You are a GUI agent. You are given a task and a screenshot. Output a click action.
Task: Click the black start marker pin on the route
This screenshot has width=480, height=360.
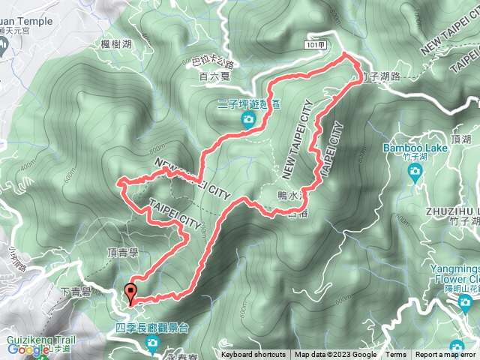[x=133, y=293]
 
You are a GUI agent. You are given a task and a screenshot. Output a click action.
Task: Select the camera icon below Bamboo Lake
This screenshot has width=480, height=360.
[x=415, y=172]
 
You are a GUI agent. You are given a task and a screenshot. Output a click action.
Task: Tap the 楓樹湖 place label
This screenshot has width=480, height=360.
[x=116, y=46]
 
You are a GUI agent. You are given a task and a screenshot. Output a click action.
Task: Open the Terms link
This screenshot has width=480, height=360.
[x=396, y=355]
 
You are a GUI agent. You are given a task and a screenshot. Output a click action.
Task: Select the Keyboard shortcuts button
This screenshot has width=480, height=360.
[x=253, y=355]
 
